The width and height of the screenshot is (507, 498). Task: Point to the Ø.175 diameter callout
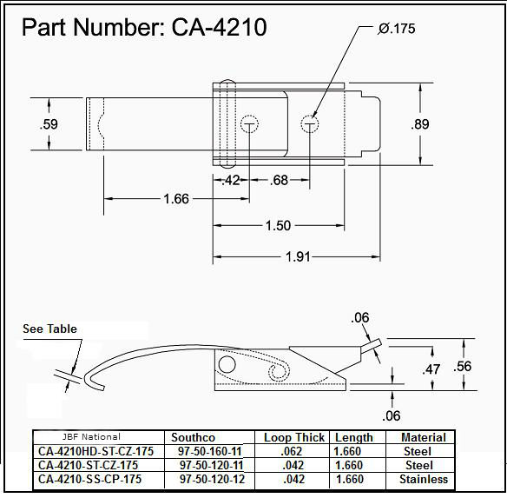pos(397,29)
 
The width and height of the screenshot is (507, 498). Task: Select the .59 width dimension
pos(49,124)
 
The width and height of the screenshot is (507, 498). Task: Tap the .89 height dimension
pos(420,124)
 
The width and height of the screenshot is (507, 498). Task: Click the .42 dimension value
pos(231,181)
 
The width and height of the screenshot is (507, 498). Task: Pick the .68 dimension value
pos(279,181)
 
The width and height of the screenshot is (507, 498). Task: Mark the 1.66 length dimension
pos(176,200)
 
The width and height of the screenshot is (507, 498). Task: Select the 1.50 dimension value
pos(278,226)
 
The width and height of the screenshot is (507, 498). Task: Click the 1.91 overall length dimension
pos(298,257)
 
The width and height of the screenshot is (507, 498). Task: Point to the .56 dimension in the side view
pos(464,367)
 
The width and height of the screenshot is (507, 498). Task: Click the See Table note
pos(49,329)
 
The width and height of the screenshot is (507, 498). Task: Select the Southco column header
pos(194,437)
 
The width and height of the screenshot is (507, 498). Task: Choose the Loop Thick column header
pos(294,437)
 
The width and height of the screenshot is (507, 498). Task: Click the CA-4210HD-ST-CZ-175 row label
pos(96,451)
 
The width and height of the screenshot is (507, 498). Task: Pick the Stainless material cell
pos(424,479)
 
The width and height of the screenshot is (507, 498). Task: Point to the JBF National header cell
pos(91,436)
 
